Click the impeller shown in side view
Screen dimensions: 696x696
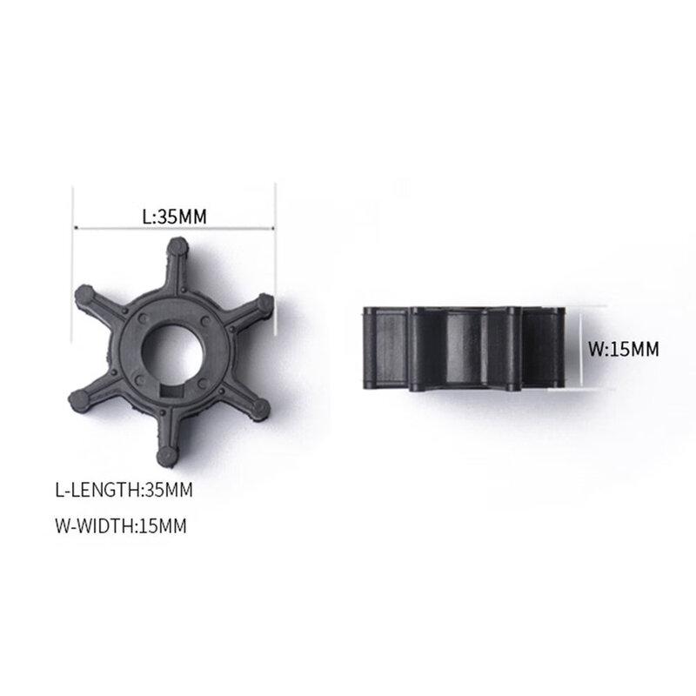tap(465, 347)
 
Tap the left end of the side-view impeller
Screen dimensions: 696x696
tap(369, 348)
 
